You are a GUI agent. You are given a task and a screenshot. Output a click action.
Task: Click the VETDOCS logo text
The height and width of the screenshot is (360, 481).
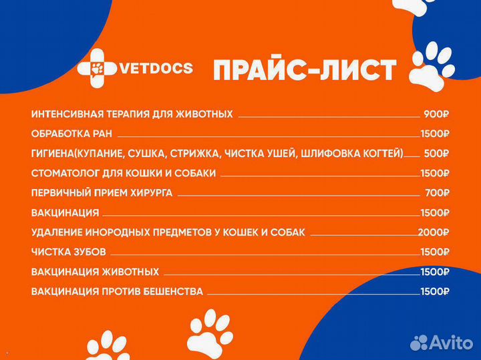point(156,67)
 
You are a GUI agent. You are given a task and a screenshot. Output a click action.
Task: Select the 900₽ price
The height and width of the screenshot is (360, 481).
point(436,114)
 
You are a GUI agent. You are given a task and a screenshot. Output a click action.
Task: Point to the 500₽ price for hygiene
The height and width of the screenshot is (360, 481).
point(436,153)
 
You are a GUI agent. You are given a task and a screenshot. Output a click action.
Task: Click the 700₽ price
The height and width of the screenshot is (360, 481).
point(437,193)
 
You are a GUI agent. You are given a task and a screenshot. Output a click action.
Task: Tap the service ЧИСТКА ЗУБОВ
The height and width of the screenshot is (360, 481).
point(69,252)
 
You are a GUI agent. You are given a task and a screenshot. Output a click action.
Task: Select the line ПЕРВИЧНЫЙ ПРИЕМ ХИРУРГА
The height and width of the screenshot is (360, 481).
point(102,193)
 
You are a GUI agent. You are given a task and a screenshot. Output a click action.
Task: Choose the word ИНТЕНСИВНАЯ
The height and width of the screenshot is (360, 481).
point(66,114)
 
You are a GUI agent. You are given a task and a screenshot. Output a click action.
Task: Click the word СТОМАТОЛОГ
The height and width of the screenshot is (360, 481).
point(63,173)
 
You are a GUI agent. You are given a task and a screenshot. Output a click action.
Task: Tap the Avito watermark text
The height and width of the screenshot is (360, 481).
point(450,342)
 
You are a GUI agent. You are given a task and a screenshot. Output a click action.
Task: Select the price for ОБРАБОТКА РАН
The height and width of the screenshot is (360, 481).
point(434,134)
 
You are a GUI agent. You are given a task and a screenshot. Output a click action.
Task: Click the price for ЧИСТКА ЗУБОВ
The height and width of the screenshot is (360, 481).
point(434,252)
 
